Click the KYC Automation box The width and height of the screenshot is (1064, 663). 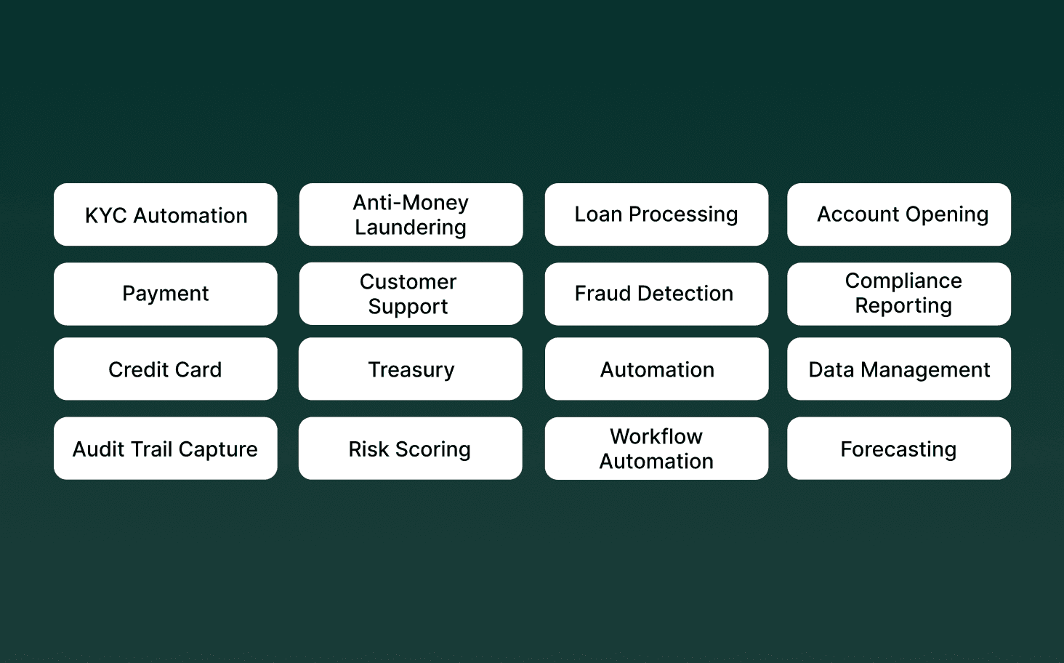(x=166, y=215)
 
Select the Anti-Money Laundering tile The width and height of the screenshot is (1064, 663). (x=411, y=214)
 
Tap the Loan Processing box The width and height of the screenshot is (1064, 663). (x=656, y=214)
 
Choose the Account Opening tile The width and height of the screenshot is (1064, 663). (x=899, y=214)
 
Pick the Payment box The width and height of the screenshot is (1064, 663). (x=166, y=294)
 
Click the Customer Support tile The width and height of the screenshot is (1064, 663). (x=411, y=294)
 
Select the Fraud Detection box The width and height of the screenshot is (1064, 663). (x=656, y=294)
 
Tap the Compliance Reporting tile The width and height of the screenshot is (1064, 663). (x=899, y=294)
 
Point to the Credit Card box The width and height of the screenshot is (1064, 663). (x=166, y=369)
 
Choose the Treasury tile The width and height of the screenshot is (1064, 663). (x=411, y=369)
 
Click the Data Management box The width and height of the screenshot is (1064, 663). (x=899, y=369)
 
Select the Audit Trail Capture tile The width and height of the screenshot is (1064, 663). (x=166, y=449)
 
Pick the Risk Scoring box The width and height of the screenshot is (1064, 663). (x=411, y=449)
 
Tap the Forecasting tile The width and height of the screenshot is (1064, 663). (x=899, y=449)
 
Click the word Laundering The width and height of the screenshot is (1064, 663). (x=411, y=228)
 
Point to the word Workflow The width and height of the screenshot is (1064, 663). (x=656, y=436)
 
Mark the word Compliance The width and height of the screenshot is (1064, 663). (x=903, y=281)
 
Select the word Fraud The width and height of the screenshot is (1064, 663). (x=602, y=294)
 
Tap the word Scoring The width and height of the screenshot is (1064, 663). (x=433, y=449)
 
